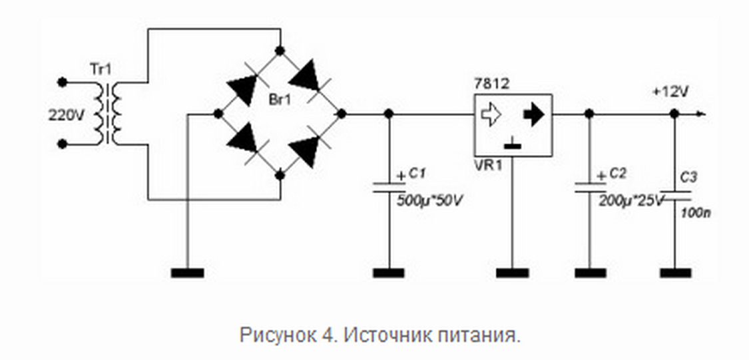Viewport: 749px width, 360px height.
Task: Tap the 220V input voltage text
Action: tap(66, 114)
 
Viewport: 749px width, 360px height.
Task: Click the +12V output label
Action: tap(670, 92)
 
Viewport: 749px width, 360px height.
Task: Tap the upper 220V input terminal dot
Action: tap(63, 82)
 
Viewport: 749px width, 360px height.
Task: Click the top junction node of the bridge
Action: tap(280, 51)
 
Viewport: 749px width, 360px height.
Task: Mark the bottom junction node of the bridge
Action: tap(280, 175)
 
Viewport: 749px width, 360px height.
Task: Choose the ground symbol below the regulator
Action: tap(512, 272)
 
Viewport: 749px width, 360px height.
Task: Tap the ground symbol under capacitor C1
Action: tap(389, 272)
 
